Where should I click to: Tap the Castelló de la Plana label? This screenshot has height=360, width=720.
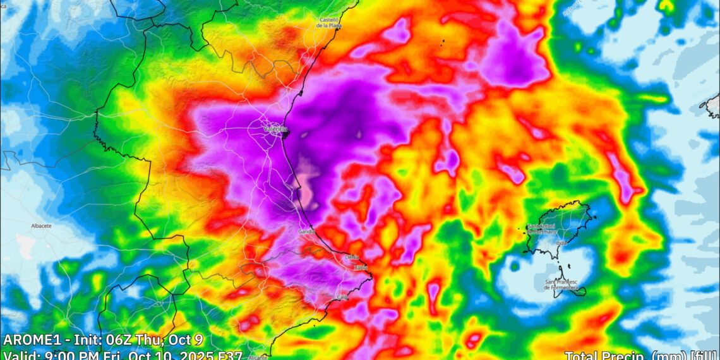330,23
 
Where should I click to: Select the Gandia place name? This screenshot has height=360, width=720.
307,232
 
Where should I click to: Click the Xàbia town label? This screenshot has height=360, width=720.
361,268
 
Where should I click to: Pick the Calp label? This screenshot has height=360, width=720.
342,297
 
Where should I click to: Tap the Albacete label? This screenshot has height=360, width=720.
41,225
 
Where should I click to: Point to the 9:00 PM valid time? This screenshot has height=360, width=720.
66,355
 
